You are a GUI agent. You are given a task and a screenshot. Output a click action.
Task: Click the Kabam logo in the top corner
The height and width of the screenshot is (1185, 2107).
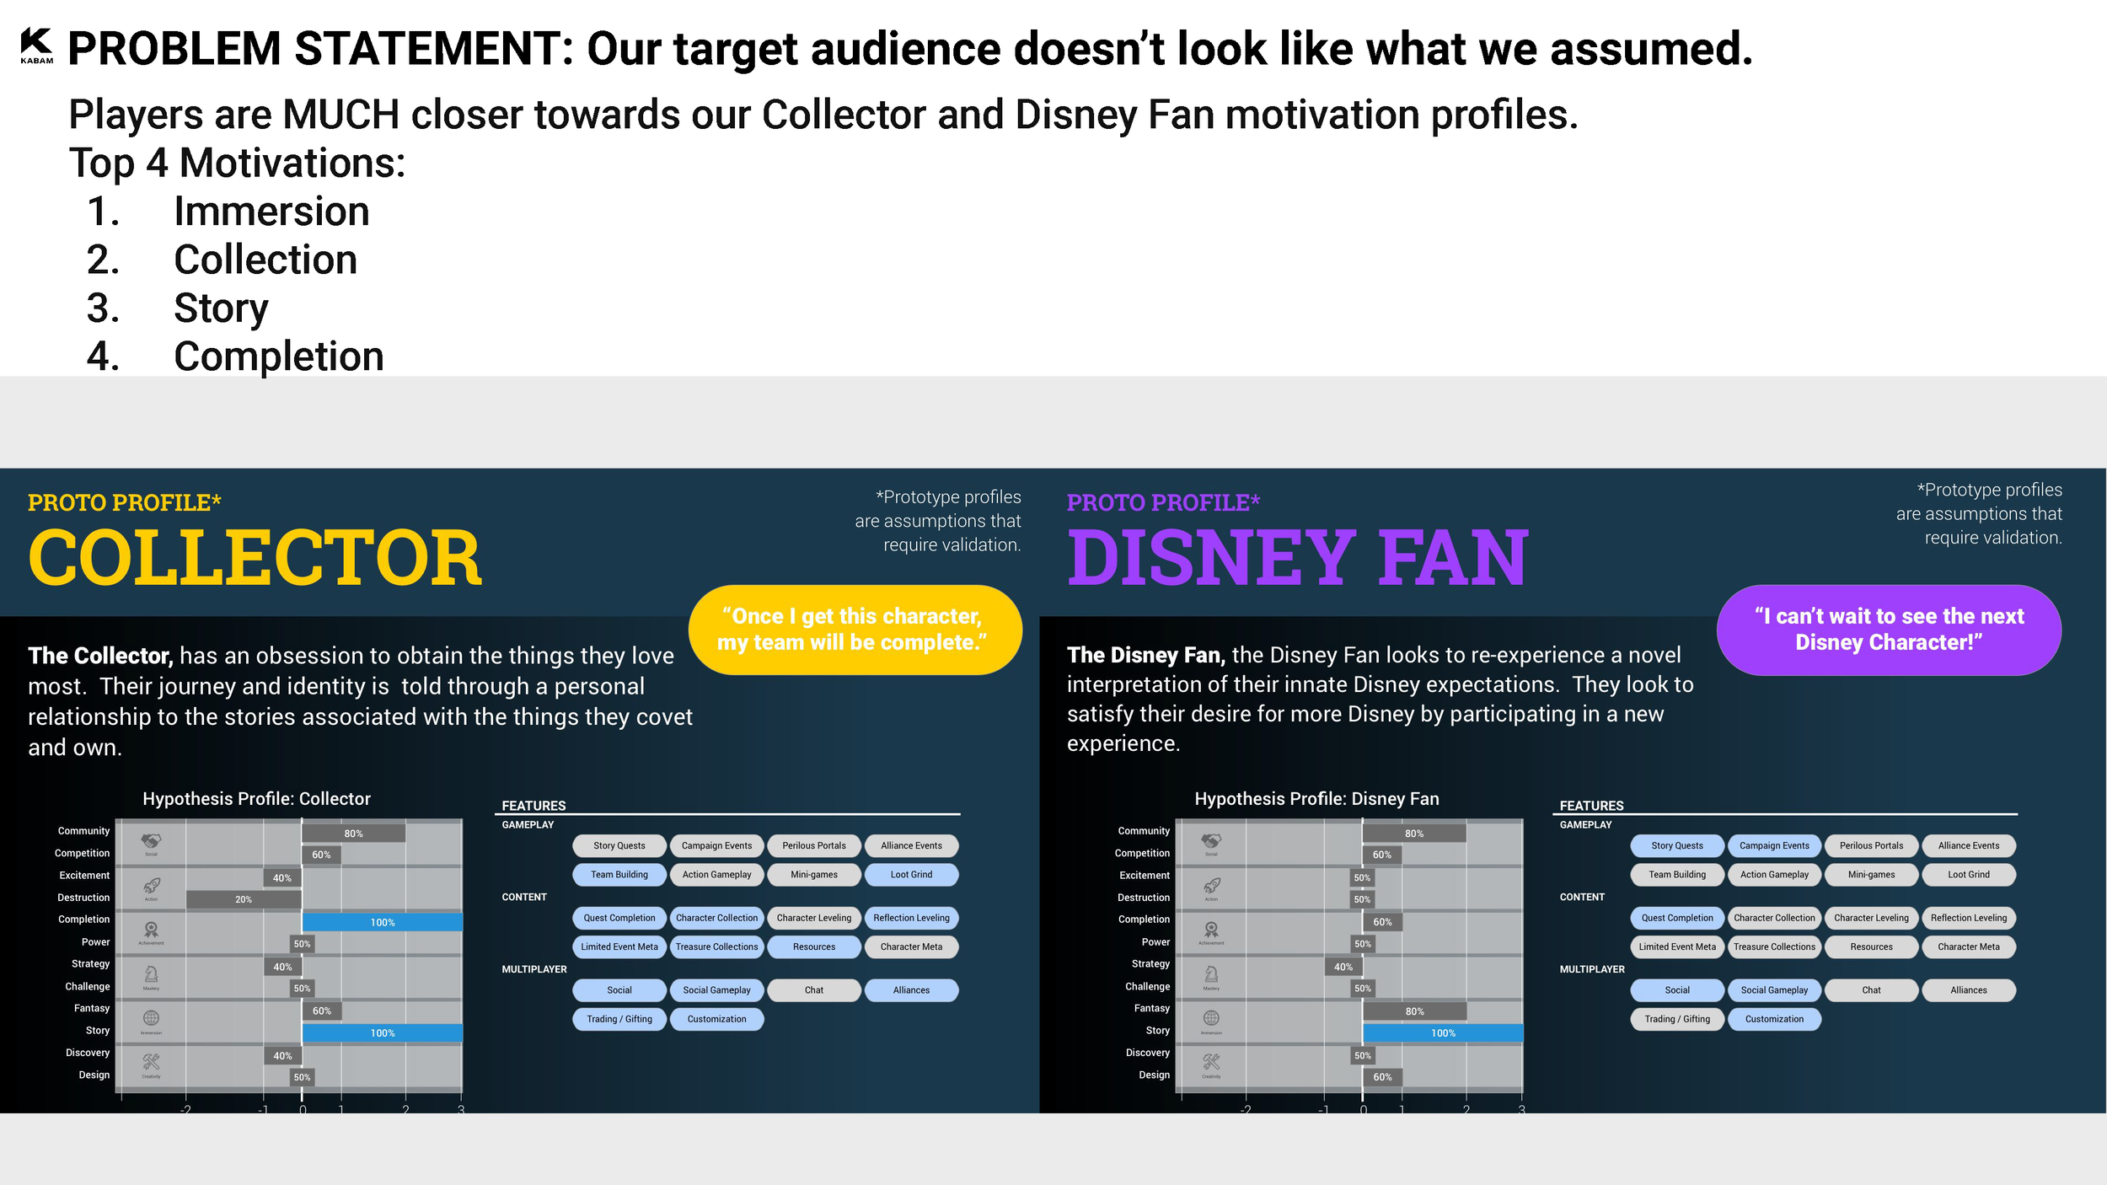pos(36,45)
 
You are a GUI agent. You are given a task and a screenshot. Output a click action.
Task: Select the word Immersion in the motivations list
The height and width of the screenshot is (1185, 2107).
pos(271,211)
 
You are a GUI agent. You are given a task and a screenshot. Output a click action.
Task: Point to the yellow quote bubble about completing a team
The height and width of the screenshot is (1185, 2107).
pos(855,630)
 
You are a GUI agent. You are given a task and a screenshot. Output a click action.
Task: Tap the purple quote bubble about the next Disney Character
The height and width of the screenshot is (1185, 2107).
pos(1888,630)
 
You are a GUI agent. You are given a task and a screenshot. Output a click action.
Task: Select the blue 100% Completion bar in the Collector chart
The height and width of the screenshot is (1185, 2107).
pos(382,922)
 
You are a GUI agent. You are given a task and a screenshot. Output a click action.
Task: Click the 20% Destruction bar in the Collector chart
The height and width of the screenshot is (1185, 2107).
pos(244,899)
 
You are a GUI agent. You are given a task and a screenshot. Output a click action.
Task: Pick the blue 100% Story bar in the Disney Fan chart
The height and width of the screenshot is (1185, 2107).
pos(1442,1032)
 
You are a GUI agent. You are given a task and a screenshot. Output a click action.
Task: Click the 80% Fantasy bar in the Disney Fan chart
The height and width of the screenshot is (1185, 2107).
pos(1414,1011)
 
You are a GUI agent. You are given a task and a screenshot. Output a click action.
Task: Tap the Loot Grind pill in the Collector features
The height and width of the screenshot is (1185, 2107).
pos(911,875)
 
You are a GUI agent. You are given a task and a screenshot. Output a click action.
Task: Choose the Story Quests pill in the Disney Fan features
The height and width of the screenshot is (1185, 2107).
pos(1676,845)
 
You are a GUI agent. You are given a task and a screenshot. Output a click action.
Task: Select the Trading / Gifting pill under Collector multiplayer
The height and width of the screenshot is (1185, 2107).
pos(619,1019)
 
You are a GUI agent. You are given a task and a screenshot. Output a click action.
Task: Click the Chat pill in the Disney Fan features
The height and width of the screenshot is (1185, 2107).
pos(1871,990)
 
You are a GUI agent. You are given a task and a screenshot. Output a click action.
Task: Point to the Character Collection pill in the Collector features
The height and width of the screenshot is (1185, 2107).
pos(716,918)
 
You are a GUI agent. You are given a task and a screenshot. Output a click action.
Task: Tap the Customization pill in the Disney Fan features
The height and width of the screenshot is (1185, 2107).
pos(1774,1019)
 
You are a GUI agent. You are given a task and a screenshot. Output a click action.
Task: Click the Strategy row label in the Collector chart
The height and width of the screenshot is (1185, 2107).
pos(90,963)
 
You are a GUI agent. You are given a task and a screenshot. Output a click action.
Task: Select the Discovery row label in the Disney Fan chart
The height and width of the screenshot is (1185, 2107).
pos(1147,1053)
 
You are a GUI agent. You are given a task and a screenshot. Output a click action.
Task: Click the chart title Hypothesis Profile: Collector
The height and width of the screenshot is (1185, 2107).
pos(256,799)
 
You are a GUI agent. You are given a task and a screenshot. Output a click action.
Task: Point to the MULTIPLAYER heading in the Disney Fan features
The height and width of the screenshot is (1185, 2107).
pos(1591,969)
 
